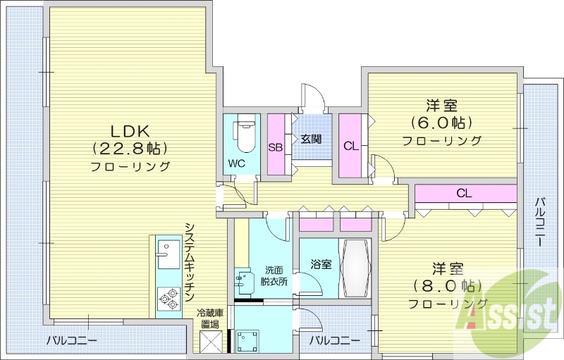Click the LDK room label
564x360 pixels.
point(130,130)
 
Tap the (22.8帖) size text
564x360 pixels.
point(130,148)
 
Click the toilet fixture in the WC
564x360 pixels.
point(243,134)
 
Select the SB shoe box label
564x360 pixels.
point(276,147)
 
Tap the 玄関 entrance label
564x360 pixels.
point(311,138)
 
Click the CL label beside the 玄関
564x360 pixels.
point(350,147)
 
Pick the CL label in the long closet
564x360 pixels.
point(463,192)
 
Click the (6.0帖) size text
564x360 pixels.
point(442,123)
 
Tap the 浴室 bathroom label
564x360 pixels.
point(321,264)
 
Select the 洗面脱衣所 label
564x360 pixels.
point(275,275)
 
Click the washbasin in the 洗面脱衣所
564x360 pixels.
point(245,281)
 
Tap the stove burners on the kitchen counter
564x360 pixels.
point(168,299)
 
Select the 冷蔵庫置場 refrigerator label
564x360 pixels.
point(209,318)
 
